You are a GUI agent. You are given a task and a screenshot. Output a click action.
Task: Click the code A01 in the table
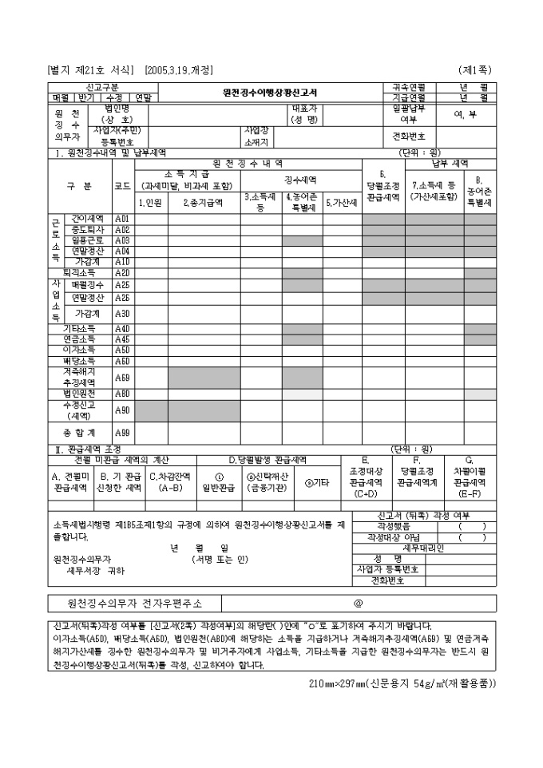(122, 218)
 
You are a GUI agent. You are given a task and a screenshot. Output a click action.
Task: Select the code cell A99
(122, 433)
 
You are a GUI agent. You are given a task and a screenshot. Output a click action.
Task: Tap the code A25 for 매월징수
(122, 284)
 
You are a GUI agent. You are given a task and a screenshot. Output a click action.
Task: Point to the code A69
(122, 377)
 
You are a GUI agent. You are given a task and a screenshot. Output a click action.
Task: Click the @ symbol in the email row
(359, 604)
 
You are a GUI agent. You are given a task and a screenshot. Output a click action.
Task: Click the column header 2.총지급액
(204, 203)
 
